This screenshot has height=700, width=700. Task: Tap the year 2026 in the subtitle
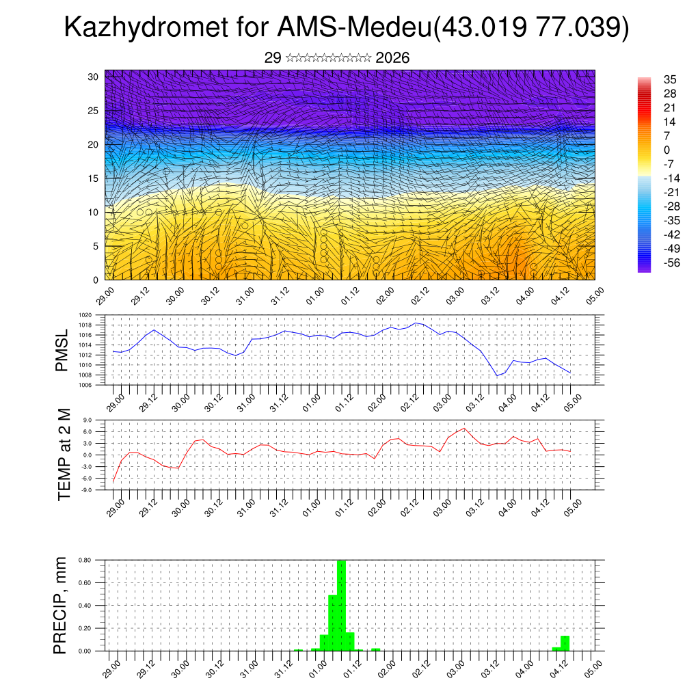point(392,58)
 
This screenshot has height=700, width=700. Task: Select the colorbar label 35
point(670,79)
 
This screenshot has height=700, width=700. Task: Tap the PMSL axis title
point(62,350)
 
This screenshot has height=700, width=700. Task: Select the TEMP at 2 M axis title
point(64,454)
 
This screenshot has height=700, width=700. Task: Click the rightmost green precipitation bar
point(565,643)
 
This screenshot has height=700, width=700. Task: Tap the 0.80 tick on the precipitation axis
point(85,560)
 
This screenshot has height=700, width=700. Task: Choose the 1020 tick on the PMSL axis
point(85,315)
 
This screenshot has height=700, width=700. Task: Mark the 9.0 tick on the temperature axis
point(87,420)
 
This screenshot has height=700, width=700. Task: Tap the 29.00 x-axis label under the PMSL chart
point(114,401)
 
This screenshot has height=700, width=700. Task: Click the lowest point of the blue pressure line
point(498,375)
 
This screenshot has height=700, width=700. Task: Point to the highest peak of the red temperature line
point(465,429)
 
